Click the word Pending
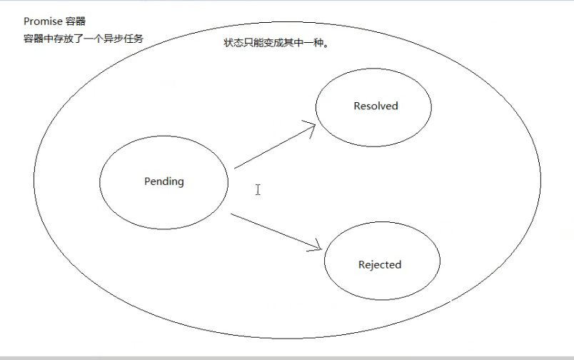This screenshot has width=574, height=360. coord(164,181)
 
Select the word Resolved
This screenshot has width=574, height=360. coord(376,106)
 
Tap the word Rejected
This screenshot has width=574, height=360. coord(380,265)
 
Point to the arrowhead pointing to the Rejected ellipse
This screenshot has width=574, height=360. coord(317,248)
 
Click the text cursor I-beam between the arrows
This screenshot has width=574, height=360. coord(258,189)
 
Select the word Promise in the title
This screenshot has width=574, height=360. coord(42,22)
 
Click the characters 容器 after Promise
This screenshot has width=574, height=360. coord(75,22)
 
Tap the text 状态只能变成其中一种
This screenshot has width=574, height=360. coord(276,43)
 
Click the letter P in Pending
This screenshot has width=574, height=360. coord(148,181)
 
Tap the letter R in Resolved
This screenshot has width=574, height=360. coord(357,106)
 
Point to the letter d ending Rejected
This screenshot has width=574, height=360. coord(398,265)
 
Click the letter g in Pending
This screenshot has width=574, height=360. coord(180,183)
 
